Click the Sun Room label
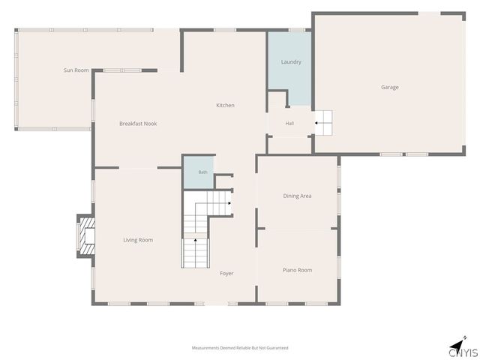(x=76, y=70)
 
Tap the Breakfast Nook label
(x=138, y=124)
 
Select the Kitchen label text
(x=225, y=105)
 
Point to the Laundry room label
(x=291, y=61)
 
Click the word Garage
(x=390, y=87)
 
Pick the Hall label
(x=289, y=123)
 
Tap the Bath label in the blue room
(x=203, y=172)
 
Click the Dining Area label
(x=297, y=196)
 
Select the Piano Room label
(x=297, y=270)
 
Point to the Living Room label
(x=138, y=240)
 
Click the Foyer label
(x=226, y=273)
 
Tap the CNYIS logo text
(x=463, y=353)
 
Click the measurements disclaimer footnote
(x=240, y=348)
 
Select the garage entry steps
(x=323, y=123)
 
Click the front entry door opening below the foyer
(x=216, y=304)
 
